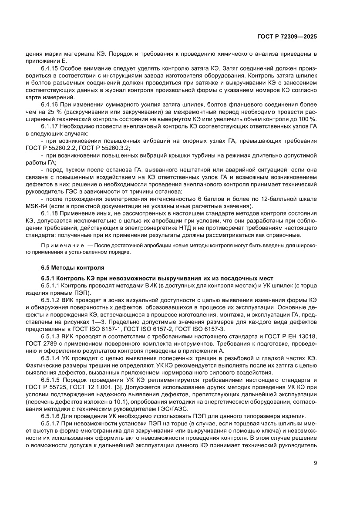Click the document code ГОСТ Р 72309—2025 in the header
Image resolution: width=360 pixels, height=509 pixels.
tap(286, 37)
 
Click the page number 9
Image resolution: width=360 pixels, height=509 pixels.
tap(315, 463)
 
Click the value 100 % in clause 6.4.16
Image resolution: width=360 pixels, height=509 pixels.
tap(310, 119)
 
